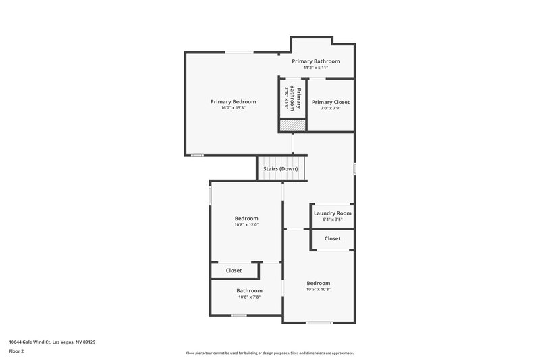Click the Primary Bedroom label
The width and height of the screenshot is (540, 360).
click(x=233, y=102)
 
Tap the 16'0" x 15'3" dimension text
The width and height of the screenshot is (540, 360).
click(x=233, y=108)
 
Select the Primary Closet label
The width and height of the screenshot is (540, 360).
click(x=331, y=102)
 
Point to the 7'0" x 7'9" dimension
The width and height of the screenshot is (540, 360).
click(x=331, y=108)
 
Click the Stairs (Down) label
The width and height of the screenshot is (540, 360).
click(x=281, y=168)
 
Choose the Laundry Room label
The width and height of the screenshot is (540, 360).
click(x=333, y=213)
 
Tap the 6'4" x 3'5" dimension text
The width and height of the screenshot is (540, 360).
click(x=333, y=220)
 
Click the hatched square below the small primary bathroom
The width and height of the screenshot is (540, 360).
click(x=293, y=126)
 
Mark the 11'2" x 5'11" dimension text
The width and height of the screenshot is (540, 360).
click(x=315, y=68)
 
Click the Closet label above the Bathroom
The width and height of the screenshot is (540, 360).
click(x=234, y=270)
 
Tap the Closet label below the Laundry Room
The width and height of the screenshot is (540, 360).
click(x=332, y=238)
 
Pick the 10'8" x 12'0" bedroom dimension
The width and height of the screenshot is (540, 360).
click(x=246, y=225)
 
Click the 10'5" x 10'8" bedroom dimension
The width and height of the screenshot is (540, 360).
click(x=319, y=289)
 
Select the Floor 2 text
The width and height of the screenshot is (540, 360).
click(x=16, y=351)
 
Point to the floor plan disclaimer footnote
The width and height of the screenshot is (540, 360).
click(x=269, y=353)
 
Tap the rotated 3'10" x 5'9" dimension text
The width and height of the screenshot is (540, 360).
click(x=286, y=99)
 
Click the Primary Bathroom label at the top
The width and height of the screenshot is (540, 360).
click(x=315, y=61)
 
